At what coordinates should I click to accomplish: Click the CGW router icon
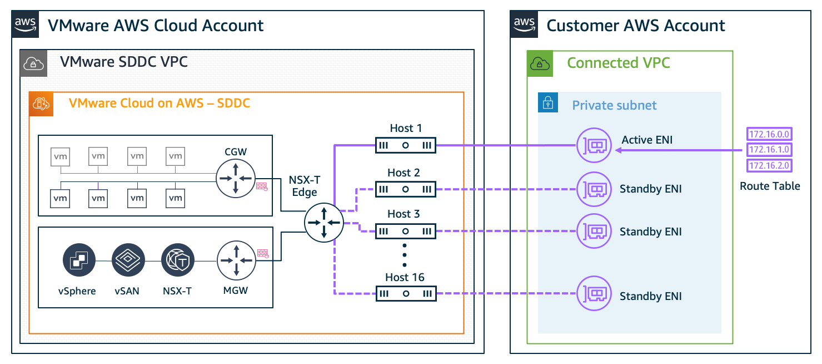[236, 178]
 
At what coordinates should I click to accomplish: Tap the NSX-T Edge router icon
[323, 222]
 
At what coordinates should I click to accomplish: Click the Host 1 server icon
[405, 146]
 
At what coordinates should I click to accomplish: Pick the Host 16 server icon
[405, 293]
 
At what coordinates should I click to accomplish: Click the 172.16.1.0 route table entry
[770, 150]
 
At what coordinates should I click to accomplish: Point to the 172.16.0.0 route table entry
[770, 134]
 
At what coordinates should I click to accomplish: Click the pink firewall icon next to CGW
[262, 187]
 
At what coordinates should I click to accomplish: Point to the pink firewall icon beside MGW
[263, 254]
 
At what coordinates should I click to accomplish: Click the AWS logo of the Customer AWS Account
[524, 24]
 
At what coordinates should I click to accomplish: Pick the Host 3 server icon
[405, 231]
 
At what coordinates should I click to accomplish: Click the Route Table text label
[770, 186]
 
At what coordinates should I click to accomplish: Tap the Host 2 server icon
[405, 189]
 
